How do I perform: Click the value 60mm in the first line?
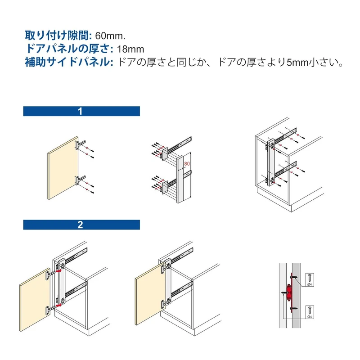[x=110, y=36]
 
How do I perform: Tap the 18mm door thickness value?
[x=130, y=49]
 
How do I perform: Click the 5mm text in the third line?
[x=297, y=63]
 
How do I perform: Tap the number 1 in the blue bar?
[x=80, y=111]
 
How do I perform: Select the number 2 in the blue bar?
[x=80, y=225]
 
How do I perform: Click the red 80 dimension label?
[x=187, y=164]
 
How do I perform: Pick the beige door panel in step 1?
[x=63, y=168]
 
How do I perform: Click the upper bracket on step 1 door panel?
[x=80, y=145]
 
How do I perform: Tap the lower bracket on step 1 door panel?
[x=80, y=180]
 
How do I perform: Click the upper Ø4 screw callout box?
[x=310, y=279]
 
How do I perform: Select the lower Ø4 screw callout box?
[x=310, y=312]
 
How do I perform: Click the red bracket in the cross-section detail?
[x=290, y=293]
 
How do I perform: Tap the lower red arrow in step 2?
[x=59, y=305]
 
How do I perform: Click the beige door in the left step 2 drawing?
[x=35, y=300]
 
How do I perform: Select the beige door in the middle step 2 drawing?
[x=150, y=294]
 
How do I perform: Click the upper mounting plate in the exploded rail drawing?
[x=165, y=153]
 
